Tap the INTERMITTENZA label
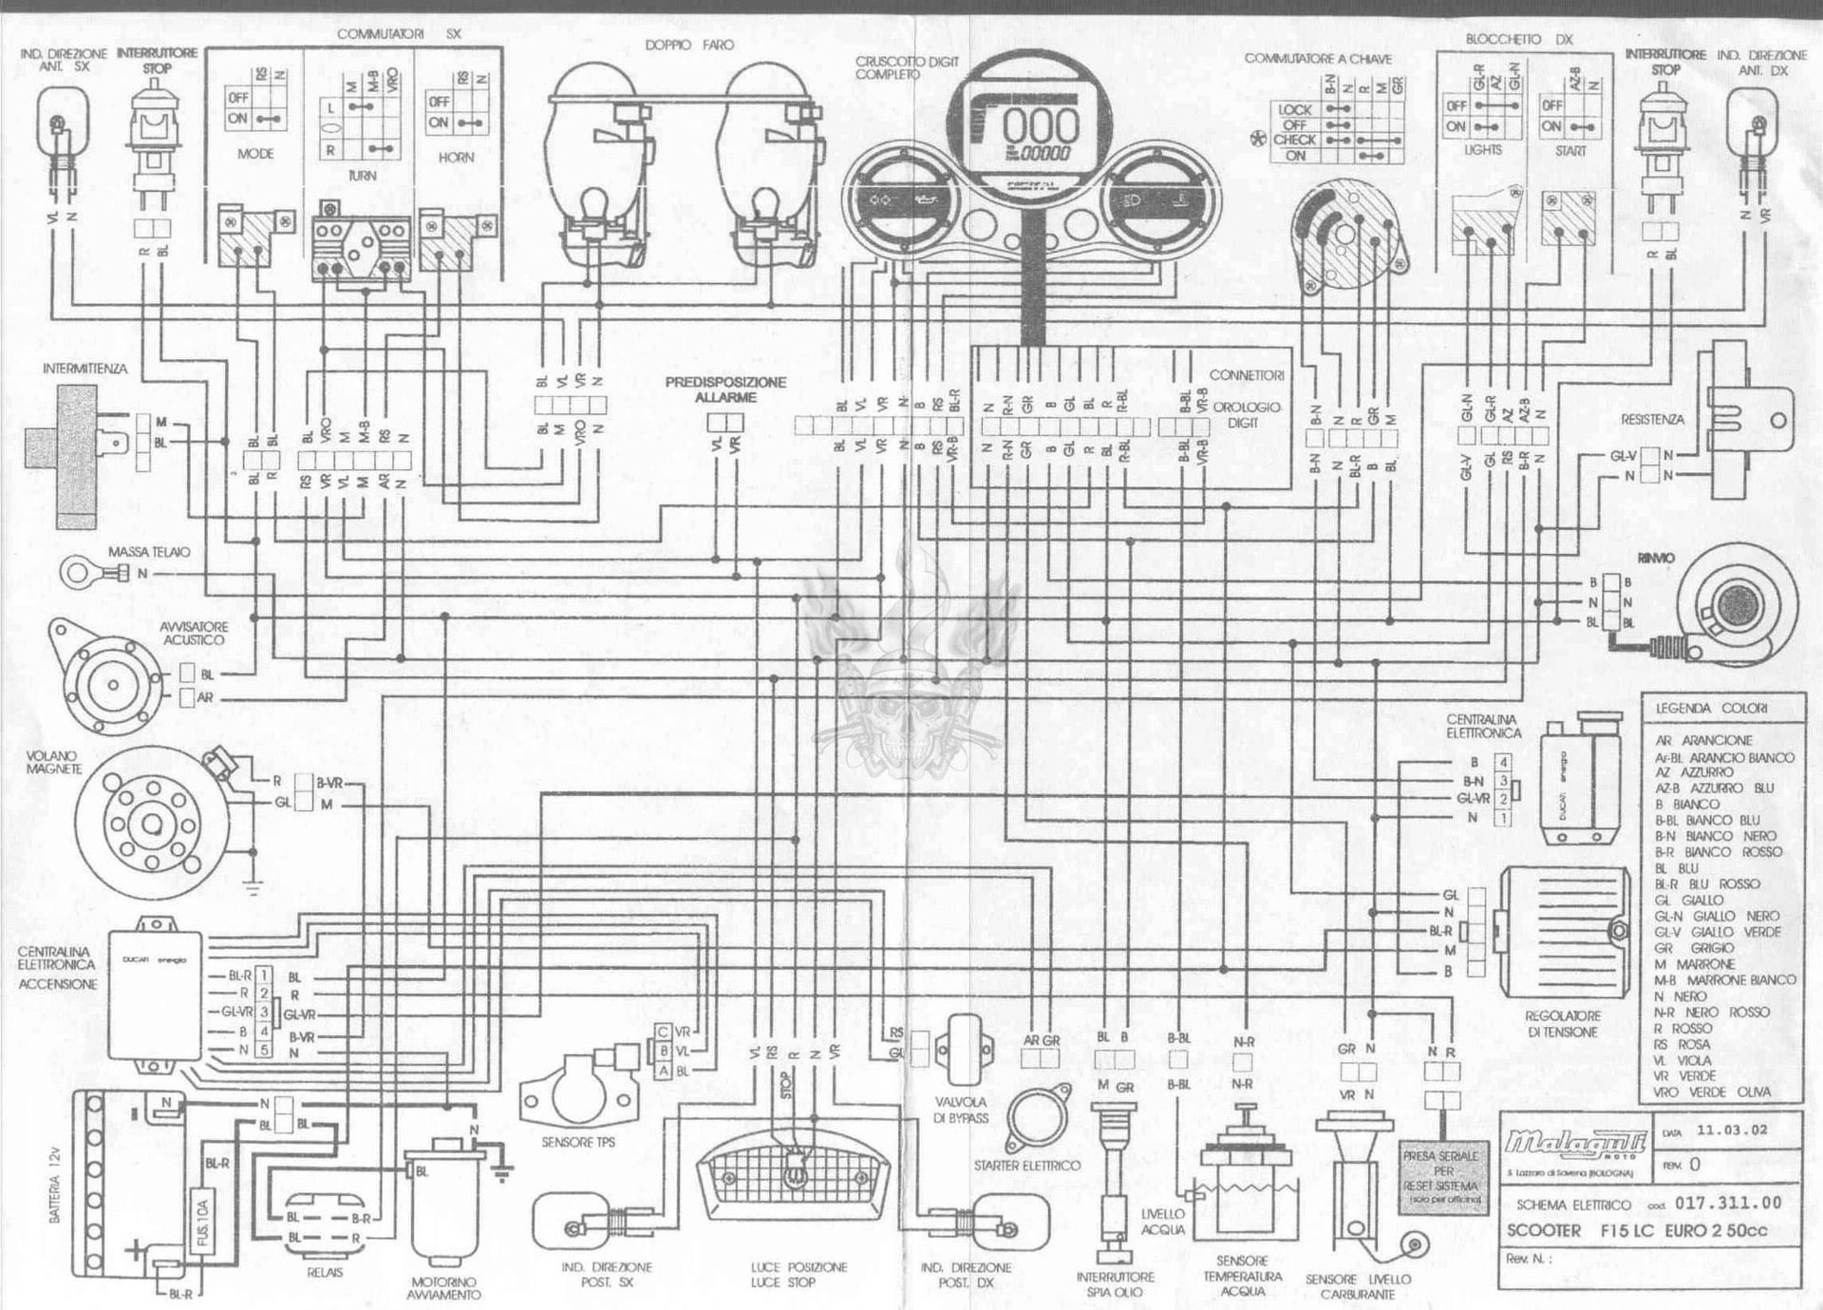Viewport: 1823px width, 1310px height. [85, 369]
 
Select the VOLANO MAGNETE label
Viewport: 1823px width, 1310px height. [53, 762]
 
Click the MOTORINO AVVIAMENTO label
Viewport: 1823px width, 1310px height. [444, 1288]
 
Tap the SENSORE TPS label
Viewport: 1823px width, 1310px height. [578, 1143]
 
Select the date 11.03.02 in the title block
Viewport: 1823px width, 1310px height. [1732, 1130]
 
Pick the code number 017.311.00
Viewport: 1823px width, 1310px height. [1728, 1203]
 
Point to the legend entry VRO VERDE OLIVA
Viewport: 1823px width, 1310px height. [1711, 1092]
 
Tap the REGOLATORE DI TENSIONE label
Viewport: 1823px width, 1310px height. [1562, 1023]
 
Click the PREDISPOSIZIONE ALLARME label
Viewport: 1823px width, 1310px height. [725, 389]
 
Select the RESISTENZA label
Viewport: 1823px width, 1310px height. [1652, 419]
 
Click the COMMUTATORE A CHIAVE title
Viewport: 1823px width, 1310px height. [1318, 59]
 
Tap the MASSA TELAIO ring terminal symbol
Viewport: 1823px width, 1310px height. [76, 573]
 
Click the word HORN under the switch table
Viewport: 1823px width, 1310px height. [456, 158]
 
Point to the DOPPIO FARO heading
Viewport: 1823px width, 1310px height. [689, 45]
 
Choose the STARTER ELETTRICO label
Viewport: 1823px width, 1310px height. [1026, 1166]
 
